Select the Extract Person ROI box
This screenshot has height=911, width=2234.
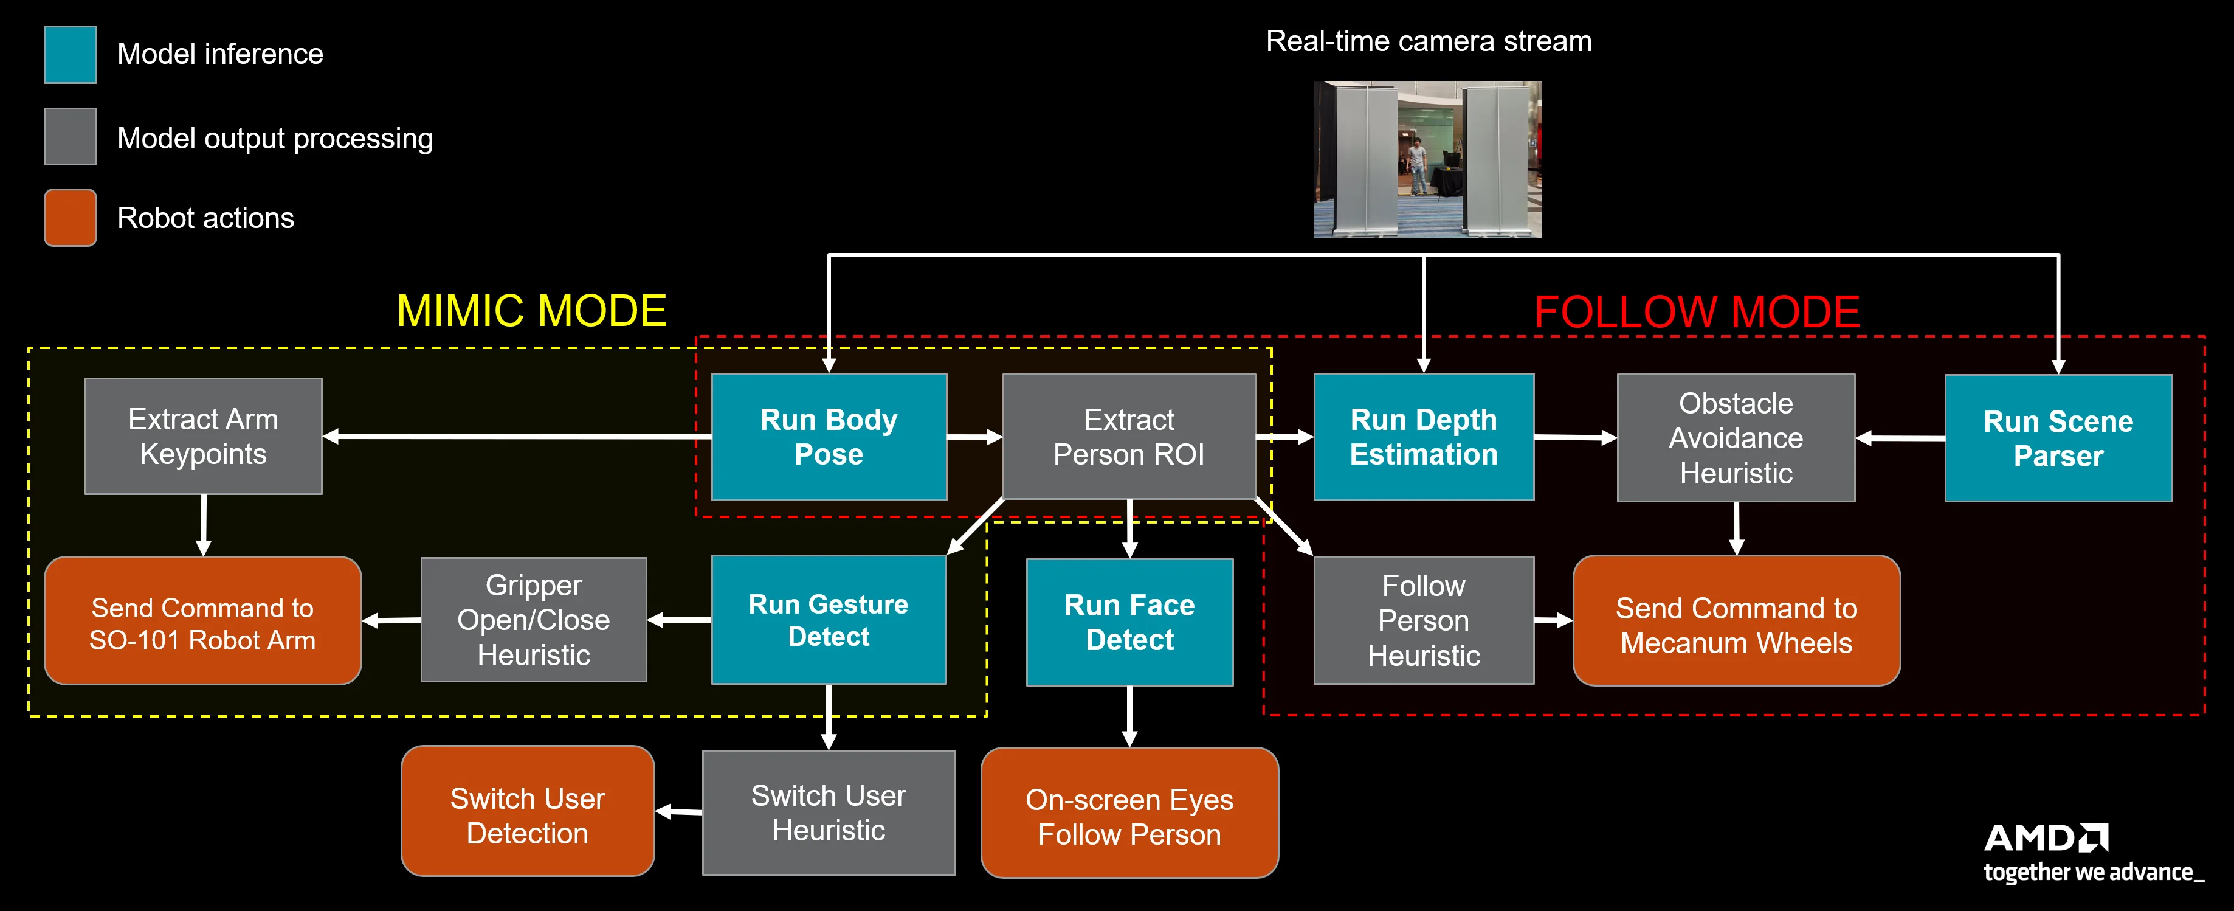click(1128, 437)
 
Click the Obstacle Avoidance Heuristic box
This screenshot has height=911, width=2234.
click(1736, 437)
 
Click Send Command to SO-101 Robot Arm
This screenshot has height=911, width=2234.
click(203, 621)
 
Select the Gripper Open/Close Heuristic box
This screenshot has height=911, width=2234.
click(533, 620)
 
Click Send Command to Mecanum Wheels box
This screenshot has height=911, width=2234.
click(1736, 621)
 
